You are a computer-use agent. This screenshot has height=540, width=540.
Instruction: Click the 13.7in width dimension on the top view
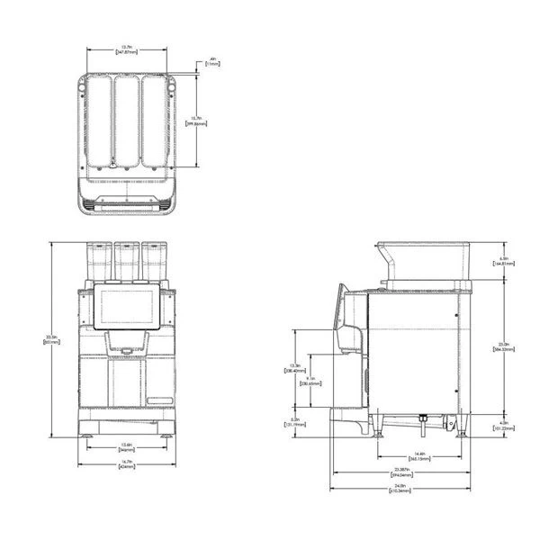click(129, 51)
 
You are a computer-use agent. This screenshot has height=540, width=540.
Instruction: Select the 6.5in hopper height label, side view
click(505, 262)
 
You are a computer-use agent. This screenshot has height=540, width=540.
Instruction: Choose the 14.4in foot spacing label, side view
click(419, 454)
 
